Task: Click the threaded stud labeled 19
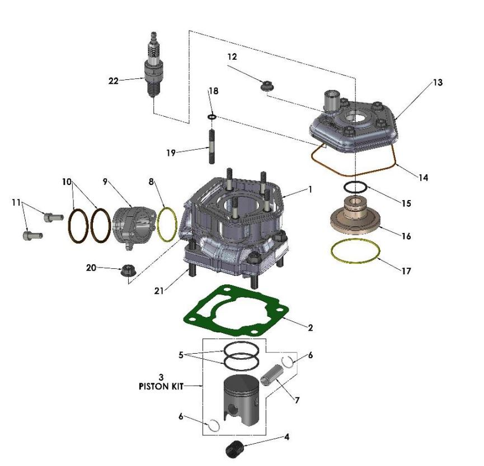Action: point(213,147)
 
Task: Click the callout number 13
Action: point(437,82)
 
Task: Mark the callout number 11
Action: point(17,202)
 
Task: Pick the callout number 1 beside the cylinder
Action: point(310,189)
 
